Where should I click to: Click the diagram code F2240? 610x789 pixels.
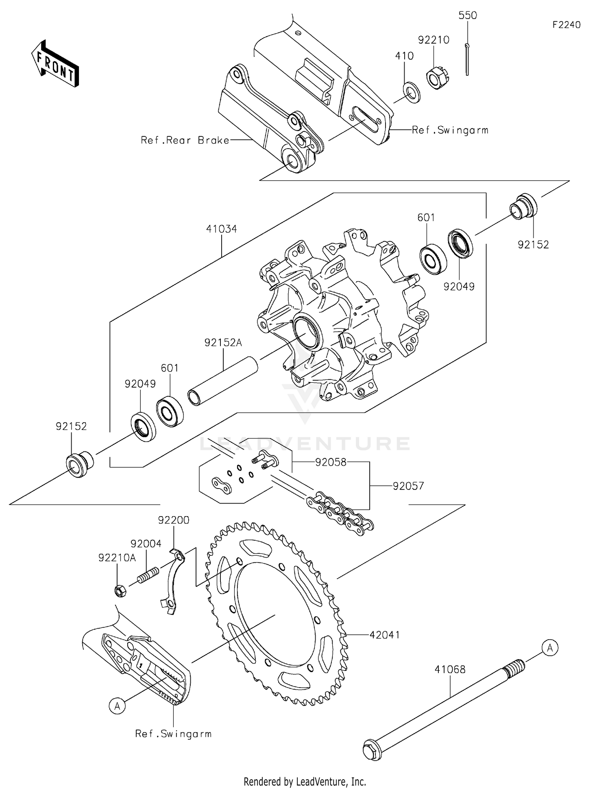tap(566, 25)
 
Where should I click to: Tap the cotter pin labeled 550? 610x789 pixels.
tap(467, 59)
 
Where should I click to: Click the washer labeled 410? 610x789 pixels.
tap(412, 92)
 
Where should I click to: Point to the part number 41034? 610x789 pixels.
tap(221, 229)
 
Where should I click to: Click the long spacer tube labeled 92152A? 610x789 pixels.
tap(223, 381)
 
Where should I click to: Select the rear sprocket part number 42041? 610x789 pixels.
tap(384, 635)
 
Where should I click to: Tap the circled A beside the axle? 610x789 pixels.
tap(550, 647)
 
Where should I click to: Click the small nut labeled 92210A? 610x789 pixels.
tap(120, 590)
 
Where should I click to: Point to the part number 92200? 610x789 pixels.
tap(174, 520)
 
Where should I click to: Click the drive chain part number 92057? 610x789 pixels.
tap(408, 486)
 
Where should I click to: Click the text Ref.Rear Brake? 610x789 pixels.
tap(185, 140)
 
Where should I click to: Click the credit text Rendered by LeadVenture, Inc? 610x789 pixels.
tap(305, 781)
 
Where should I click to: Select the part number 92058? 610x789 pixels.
tap(331, 462)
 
